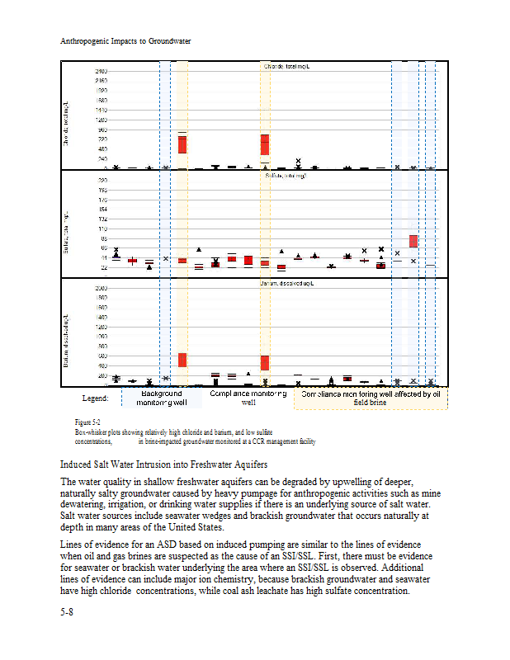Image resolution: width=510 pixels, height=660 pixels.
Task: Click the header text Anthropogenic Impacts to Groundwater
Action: [126, 40]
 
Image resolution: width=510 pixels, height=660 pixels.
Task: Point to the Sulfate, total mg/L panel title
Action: [286, 176]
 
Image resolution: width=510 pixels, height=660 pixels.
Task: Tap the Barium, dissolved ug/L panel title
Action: [285, 283]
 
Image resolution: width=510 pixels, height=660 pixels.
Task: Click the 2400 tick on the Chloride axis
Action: [101, 71]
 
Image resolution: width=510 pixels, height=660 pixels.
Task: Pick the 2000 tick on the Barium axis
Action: [101, 287]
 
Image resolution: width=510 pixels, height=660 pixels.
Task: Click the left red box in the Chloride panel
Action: [182, 144]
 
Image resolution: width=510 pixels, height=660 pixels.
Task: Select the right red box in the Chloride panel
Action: [265, 145]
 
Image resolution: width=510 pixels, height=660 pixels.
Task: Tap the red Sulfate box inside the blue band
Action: [413, 241]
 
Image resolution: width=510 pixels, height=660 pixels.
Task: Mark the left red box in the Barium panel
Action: [182, 360]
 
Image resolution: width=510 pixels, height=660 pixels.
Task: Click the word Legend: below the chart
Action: [96, 398]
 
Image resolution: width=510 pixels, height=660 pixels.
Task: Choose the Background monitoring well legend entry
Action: [162, 398]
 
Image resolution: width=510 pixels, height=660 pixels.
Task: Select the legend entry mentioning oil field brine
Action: [371, 398]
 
